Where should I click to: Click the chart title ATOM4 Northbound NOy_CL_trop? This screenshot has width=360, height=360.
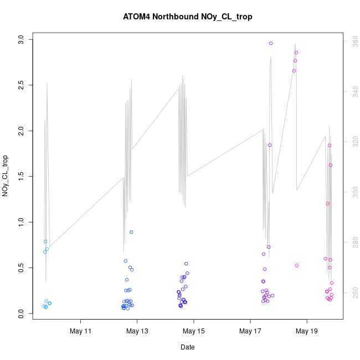pos(188,17)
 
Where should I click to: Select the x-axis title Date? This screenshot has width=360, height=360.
pos(187,347)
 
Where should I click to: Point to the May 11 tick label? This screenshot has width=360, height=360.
pos(81,332)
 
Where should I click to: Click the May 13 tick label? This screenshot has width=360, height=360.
pos(137,332)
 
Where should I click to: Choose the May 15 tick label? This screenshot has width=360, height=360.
pos(194,332)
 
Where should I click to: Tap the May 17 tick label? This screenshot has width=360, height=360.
pos(250,332)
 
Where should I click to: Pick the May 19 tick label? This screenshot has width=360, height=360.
pos(307,332)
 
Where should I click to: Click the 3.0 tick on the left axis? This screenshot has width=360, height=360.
pos(20,39)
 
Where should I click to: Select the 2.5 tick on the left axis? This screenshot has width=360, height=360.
pos(20,85)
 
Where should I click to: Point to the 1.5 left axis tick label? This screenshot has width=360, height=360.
pos(20,176)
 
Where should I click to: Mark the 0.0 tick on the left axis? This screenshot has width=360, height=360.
pos(20,313)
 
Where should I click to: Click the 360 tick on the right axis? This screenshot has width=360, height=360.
pos(351,40)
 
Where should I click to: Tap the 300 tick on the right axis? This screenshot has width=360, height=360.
pos(351,192)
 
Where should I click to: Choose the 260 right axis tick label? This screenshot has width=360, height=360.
pos(351,293)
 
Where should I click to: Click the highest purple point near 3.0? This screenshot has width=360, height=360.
pos(271,43)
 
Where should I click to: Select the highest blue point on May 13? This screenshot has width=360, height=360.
pos(131,232)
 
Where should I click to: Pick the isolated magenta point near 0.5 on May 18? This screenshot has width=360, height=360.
pos(297,265)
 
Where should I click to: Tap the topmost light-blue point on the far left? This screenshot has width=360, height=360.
pos(45,241)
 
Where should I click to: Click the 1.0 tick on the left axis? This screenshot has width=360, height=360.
pos(20,222)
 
